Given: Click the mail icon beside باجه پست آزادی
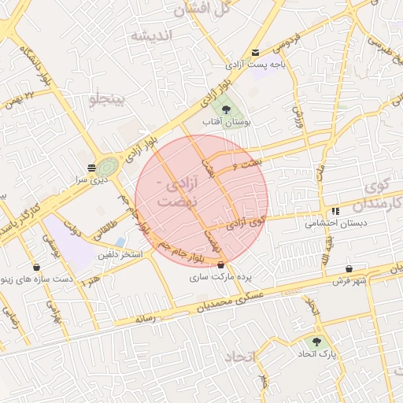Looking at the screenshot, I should [x=254, y=53].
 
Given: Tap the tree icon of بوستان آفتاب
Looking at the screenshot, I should [x=226, y=109].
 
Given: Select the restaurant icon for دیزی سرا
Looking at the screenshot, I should [x=92, y=167].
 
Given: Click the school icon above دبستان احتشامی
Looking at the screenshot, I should [x=336, y=211].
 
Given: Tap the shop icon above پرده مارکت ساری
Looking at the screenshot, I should [x=220, y=265].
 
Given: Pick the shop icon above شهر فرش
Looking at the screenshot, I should [x=348, y=268].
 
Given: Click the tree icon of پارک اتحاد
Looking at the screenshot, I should [x=317, y=342].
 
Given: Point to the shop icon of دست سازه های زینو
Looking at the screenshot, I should [x=37, y=265].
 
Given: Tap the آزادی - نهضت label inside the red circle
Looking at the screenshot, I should [x=175, y=194].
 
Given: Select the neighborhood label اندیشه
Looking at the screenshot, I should [x=151, y=36].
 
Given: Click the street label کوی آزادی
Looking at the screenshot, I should [x=247, y=224].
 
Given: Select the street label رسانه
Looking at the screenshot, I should [x=147, y=319].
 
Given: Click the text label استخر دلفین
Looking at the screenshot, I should [x=120, y=255].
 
